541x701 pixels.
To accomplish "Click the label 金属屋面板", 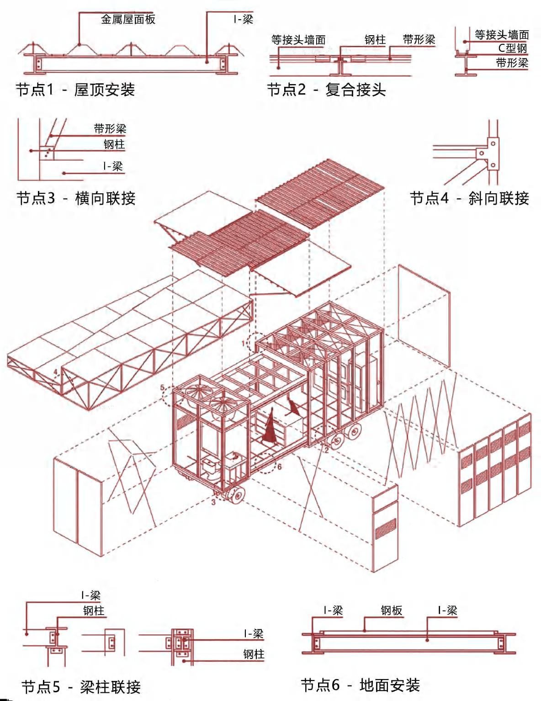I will pos(128,19).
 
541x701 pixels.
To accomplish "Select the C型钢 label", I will pos(512,48).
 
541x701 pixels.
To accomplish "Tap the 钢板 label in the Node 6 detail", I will pos(391,611).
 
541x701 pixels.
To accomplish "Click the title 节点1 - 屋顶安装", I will pos(75,90).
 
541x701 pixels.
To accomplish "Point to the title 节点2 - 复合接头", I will pos(326,90).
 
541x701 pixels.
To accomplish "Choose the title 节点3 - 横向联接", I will pos(76,198).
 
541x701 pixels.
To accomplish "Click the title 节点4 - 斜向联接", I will pos(469,198).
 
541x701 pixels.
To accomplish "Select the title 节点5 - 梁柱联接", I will pos(81,687).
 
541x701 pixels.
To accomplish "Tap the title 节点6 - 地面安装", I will pos(360,685).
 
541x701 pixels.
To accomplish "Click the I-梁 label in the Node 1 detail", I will pos(243,19).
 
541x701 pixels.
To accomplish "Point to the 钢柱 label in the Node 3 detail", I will pos(114,145).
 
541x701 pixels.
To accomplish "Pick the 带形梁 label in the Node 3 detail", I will pos(110,129).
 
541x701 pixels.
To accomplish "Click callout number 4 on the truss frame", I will pos(56,372).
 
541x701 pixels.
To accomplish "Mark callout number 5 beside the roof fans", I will pos(163,388).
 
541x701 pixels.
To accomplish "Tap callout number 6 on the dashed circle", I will pos(279,467).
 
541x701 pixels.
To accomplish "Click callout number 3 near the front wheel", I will pos(213,502).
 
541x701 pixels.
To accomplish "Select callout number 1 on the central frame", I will pos(244,343).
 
